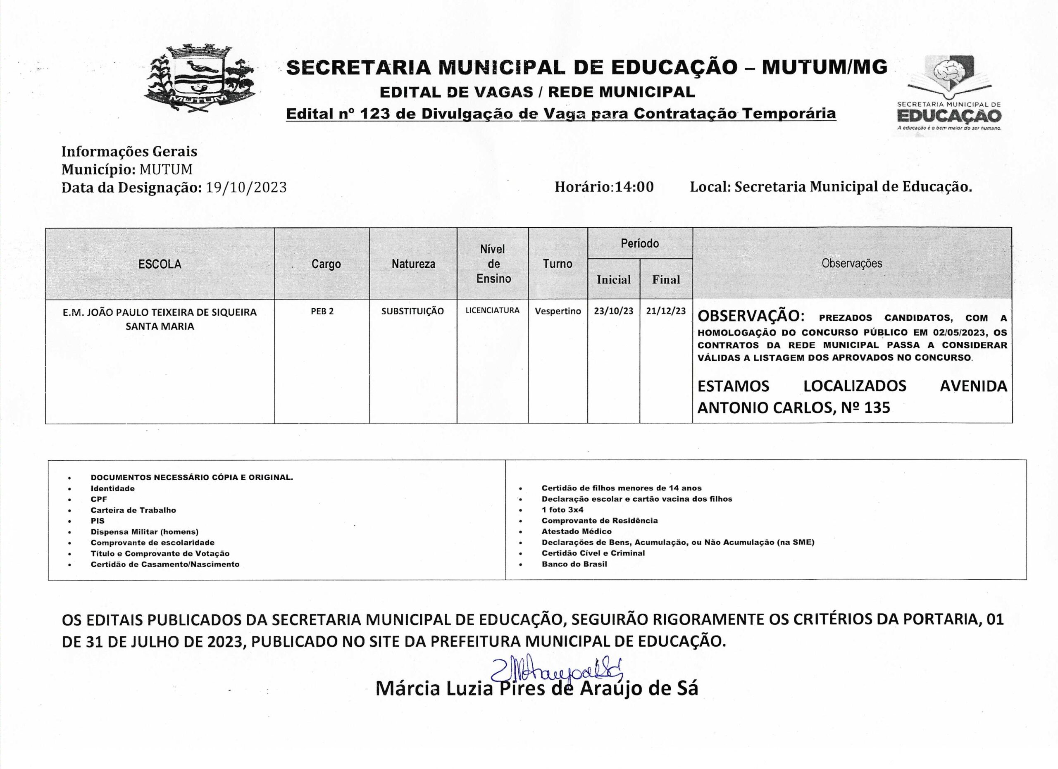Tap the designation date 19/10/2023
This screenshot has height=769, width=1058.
pos(246,188)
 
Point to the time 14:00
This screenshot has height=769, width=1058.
pos(634,187)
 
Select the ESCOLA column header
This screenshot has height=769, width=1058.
pos(160,264)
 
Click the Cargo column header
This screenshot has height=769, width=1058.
pos(326,264)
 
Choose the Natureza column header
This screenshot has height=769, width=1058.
pos(413,264)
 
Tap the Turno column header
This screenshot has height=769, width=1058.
pos(558,264)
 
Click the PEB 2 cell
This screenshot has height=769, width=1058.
pos(322,311)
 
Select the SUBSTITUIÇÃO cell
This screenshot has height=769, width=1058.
pos(412,311)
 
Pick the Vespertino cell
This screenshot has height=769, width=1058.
pos(558,311)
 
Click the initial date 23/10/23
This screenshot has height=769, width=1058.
pos(613,311)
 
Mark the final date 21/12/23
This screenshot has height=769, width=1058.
pos(666,311)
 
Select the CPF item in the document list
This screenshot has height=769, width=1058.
pos(99,500)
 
